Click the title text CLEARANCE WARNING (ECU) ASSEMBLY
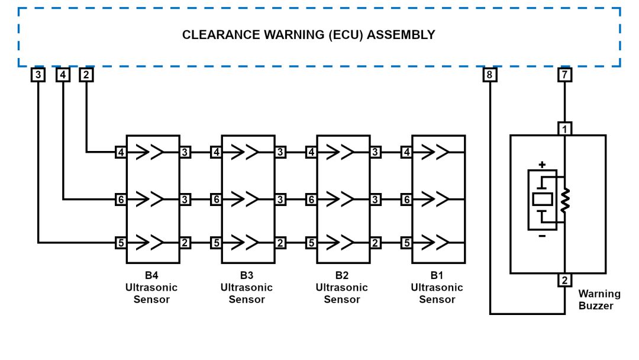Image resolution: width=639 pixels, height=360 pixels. (308, 35)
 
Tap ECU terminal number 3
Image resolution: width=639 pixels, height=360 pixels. (38, 75)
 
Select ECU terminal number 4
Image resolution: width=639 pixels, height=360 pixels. (63, 75)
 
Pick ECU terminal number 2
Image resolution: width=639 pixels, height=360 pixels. (86, 75)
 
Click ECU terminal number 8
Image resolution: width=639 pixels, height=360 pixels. (490, 75)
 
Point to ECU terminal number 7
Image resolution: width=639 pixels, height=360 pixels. (564, 75)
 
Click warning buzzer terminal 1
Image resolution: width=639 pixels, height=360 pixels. (564, 128)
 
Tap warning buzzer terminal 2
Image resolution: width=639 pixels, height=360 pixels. (564, 280)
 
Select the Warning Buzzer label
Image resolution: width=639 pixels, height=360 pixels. (599, 300)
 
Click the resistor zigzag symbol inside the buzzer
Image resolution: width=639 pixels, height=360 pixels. (564, 200)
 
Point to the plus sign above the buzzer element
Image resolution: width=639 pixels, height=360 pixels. (542, 164)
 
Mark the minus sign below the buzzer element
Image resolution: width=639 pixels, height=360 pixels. (542, 236)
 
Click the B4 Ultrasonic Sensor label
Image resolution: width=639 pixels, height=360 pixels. (151, 287)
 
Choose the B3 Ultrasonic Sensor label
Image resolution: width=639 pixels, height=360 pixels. (247, 287)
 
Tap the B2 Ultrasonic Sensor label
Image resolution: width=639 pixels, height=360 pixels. (342, 287)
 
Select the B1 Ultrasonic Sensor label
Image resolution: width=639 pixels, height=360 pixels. (437, 287)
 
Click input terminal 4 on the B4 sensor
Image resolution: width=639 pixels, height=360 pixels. (121, 152)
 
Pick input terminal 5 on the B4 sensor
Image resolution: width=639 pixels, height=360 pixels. (121, 242)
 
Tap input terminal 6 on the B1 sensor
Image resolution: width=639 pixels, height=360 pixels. (406, 200)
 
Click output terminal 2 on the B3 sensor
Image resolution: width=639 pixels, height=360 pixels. (280, 242)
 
